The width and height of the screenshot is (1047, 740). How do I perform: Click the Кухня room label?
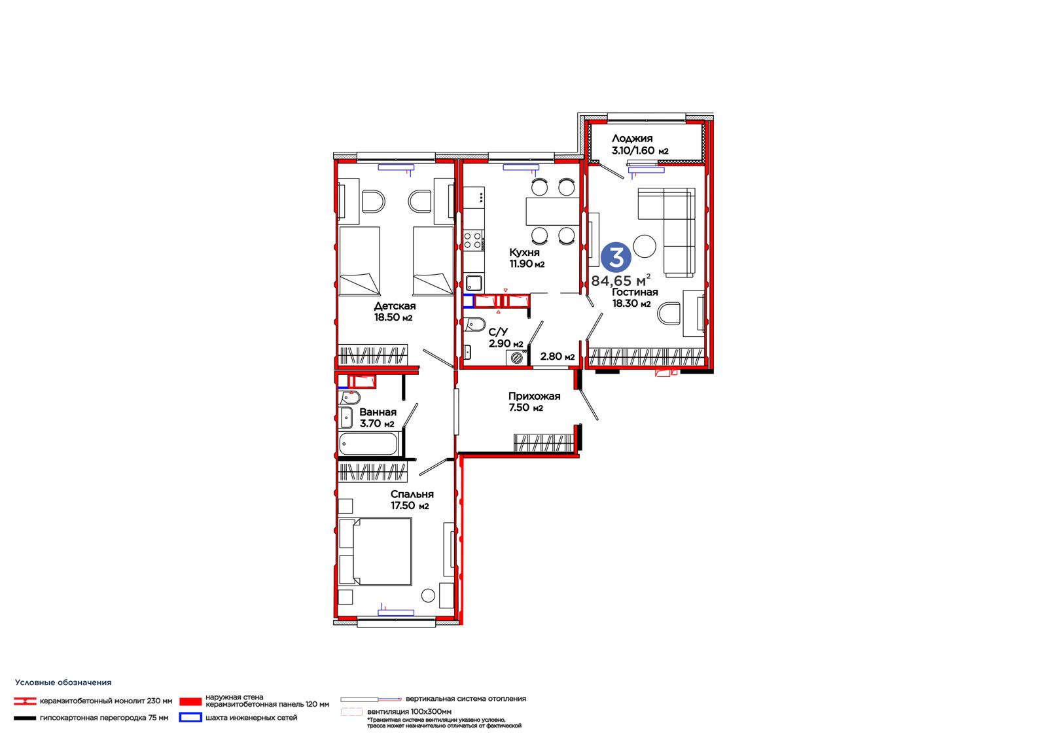524,253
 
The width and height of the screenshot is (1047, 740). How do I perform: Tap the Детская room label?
395,306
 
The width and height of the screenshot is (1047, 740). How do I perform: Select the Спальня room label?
412,494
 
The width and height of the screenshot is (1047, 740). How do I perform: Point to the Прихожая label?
534,396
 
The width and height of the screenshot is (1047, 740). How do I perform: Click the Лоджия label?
632,138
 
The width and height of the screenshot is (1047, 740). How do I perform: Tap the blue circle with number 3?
616,258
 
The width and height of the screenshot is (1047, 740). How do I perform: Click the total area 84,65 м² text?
621,281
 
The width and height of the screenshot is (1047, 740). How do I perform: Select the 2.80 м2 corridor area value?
557,356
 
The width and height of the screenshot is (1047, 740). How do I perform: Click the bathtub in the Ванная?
368,444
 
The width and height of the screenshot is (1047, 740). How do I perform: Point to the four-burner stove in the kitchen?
473,240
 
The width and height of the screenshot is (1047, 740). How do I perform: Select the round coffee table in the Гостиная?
645,246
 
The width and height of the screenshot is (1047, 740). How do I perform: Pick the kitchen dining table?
552,211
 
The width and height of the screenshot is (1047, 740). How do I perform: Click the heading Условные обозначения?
63,682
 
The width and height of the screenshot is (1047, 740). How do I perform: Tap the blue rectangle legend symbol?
190,717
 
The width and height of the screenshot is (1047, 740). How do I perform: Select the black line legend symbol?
25,718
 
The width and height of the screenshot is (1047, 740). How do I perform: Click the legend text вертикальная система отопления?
465,699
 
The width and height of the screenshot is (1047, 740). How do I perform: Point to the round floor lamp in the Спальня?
428,595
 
